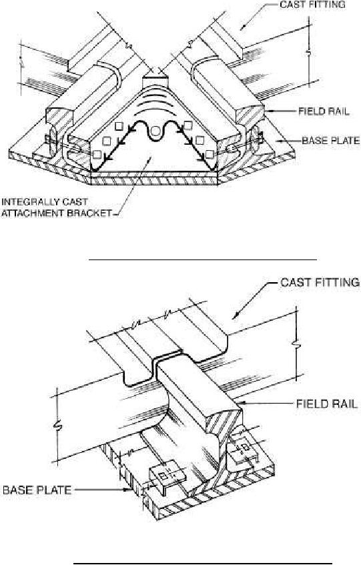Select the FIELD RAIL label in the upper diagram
(324, 111)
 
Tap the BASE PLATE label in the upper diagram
(331, 140)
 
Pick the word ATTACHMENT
(33, 213)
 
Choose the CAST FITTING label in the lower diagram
(320, 282)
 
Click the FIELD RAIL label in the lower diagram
(326, 404)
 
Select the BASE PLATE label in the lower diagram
(37, 490)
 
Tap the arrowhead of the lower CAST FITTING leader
(236, 316)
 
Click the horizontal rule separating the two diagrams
(203, 259)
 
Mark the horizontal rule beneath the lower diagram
(203, 562)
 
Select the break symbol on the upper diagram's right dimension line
(308, 53)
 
